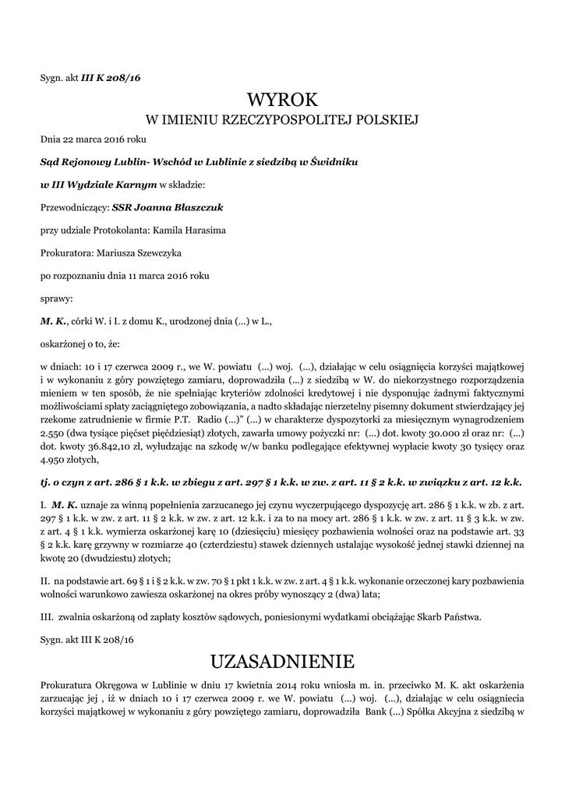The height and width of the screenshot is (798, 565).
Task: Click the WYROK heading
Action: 282,100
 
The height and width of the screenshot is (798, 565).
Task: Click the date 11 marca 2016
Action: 161,275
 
